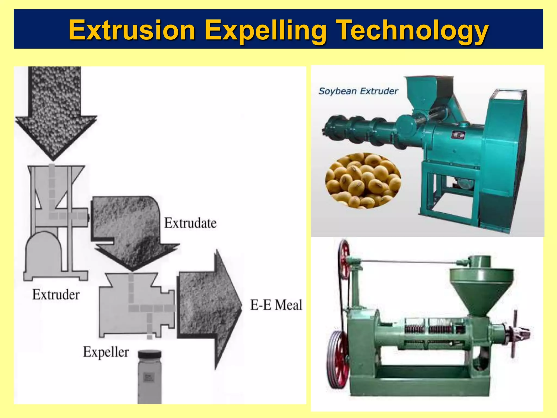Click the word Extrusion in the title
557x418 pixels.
(132, 30)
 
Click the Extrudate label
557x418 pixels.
(190, 223)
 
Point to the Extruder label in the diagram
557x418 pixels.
(56, 295)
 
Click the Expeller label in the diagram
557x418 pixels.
(106, 352)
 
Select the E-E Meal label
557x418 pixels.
(276, 305)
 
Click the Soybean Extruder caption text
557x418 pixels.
(358, 91)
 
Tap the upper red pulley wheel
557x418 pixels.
(344, 259)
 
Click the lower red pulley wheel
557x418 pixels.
(337, 359)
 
